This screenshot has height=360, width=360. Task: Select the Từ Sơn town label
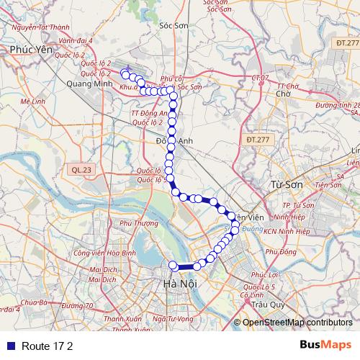[283, 185]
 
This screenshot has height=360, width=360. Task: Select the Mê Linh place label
[33, 102]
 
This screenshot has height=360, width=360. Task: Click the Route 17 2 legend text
[48, 346]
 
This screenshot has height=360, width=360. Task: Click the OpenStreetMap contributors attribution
[297, 323]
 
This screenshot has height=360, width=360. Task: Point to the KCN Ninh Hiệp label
[286, 231]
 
